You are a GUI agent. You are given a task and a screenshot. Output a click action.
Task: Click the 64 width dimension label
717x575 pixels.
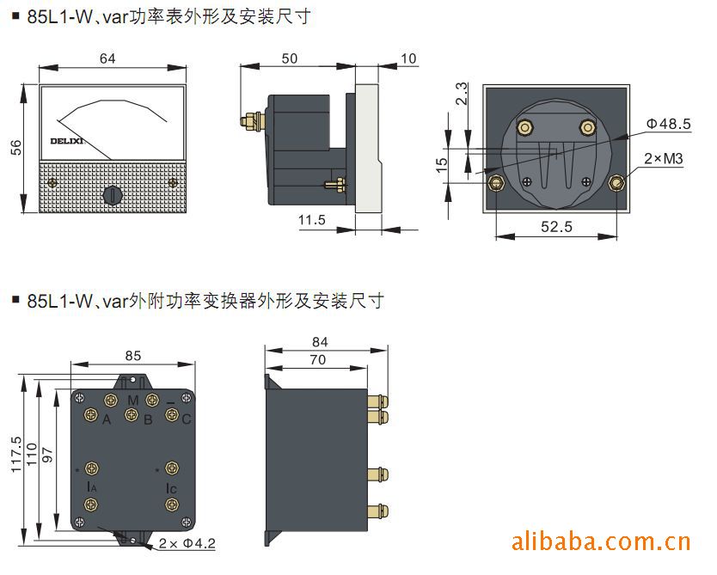click(x=107, y=58)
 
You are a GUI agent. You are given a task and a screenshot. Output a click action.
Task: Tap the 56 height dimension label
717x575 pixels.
click(x=16, y=148)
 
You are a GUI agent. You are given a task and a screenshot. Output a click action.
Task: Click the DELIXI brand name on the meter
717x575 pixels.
click(x=67, y=141)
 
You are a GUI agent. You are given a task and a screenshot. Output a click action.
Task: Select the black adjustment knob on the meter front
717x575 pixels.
click(x=113, y=195)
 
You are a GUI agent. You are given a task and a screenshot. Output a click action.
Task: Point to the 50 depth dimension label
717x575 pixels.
click(x=290, y=58)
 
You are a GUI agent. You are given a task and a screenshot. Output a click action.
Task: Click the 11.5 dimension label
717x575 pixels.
click(x=312, y=220)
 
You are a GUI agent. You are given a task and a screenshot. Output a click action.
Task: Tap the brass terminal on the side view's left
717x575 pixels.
click(x=253, y=120)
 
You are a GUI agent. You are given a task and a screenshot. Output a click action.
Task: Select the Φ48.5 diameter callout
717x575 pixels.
click(x=669, y=124)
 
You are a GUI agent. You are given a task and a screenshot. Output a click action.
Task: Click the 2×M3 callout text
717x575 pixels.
click(x=664, y=159)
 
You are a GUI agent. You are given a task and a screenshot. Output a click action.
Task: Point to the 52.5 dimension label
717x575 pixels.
click(x=556, y=227)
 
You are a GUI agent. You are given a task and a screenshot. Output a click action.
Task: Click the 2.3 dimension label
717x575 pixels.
click(x=463, y=94)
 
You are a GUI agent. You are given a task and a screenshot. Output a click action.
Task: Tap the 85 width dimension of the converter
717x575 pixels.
click(x=133, y=356)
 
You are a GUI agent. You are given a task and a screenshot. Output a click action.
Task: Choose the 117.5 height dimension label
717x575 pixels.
click(x=16, y=455)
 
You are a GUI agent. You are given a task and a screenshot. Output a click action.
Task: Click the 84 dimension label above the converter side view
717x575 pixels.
click(x=320, y=342)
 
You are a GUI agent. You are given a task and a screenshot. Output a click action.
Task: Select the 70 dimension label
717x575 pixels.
click(x=318, y=360)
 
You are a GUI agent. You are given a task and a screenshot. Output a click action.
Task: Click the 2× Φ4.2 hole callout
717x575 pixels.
click(x=187, y=543)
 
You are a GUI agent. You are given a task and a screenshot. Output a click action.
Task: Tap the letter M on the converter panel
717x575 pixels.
click(x=133, y=401)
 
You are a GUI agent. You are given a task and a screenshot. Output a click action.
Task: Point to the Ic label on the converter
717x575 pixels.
click(x=171, y=488)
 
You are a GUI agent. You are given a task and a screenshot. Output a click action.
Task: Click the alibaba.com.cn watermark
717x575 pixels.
click(x=601, y=541)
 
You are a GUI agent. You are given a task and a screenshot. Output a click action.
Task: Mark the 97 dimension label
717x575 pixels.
click(x=47, y=456)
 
